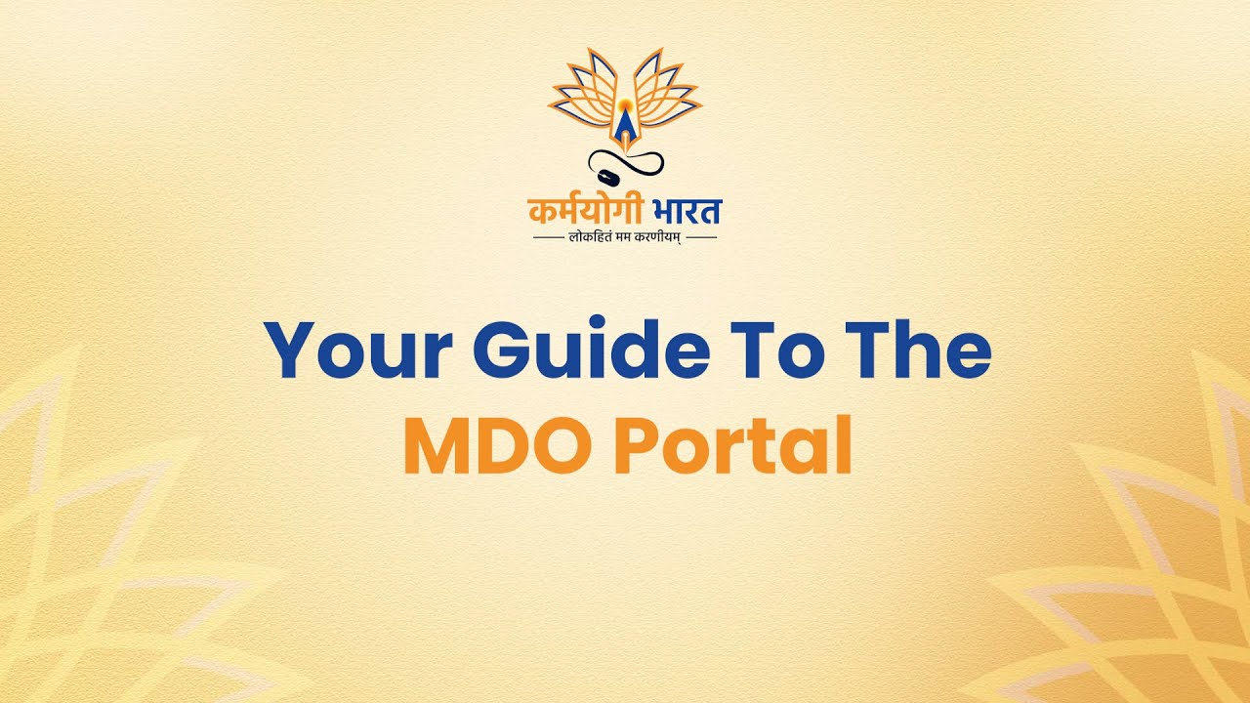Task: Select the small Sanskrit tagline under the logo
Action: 625,237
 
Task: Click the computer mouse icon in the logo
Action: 606,178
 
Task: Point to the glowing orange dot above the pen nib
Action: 624,100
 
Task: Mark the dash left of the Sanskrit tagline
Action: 548,237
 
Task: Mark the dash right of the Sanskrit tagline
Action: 702,237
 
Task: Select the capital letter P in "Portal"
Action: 635,446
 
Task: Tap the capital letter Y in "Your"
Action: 288,352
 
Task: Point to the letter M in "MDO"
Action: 434,446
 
